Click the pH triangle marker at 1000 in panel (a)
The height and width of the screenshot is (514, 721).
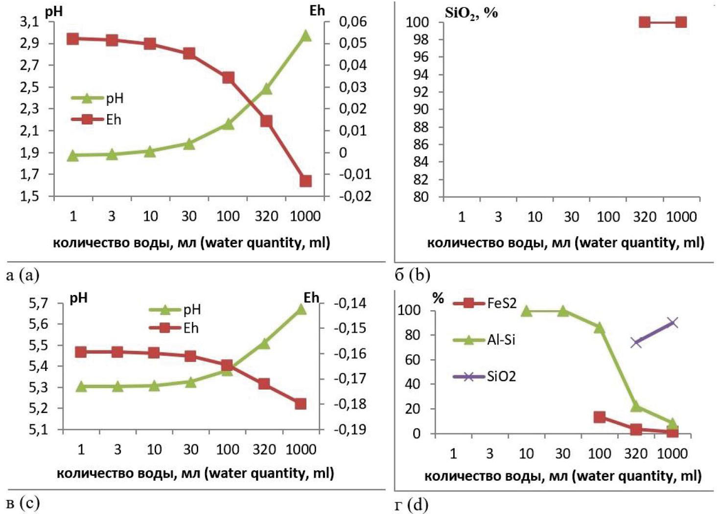(305, 35)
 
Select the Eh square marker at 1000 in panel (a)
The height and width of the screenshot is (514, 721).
(305, 181)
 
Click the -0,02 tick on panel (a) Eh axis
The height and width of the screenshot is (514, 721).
(355, 196)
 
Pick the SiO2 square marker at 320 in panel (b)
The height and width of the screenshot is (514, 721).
(645, 22)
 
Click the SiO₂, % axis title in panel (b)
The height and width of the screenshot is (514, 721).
(471, 13)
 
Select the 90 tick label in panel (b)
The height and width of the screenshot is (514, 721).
(421, 109)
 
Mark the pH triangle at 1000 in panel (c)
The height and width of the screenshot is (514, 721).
(301, 309)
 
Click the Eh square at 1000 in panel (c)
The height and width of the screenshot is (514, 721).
(301, 404)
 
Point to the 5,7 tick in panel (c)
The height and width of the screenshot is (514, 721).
(39, 304)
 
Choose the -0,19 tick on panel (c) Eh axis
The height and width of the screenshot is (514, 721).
(350, 429)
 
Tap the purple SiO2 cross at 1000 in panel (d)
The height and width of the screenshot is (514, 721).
(673, 322)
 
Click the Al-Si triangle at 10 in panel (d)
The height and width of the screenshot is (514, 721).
(526, 311)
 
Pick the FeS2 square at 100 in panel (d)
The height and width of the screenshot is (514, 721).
(600, 417)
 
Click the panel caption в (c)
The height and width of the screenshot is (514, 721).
(23, 503)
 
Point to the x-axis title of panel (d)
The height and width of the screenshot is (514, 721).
(562, 476)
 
